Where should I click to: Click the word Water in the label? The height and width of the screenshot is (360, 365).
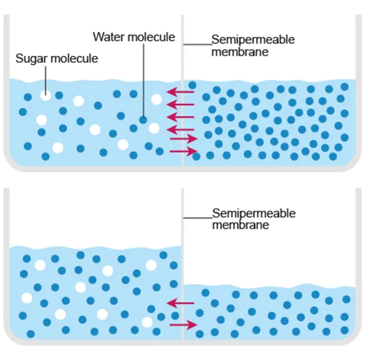click(109, 37)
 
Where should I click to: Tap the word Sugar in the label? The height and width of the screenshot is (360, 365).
click(30, 58)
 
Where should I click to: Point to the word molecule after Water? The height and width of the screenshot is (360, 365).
click(151, 37)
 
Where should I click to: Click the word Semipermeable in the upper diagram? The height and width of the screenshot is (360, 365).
click(253, 40)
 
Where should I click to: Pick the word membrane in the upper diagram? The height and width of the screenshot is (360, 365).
click(240, 52)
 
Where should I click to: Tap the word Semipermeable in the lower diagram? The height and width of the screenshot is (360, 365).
click(254, 213)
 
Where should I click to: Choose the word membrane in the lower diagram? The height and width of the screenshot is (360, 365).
click(241, 225)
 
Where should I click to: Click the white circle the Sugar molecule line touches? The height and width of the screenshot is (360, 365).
click(45, 95)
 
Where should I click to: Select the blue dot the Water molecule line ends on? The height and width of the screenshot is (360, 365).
click(143, 120)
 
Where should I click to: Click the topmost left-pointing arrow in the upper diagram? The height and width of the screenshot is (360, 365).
click(180, 92)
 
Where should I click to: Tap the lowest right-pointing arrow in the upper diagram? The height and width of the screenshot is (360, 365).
click(184, 152)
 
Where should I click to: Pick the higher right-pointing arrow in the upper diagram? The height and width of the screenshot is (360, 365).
click(184, 139)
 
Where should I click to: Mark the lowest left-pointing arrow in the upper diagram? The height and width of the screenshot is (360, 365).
click(180, 130)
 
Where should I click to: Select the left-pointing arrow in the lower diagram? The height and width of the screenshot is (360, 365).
click(180, 303)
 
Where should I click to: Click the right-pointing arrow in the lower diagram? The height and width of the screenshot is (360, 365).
click(184, 325)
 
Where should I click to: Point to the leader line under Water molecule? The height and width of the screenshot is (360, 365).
click(144, 80)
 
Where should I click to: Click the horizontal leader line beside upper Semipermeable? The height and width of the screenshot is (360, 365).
click(198, 44)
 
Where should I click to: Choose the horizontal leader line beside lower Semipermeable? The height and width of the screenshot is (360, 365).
click(198, 218)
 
